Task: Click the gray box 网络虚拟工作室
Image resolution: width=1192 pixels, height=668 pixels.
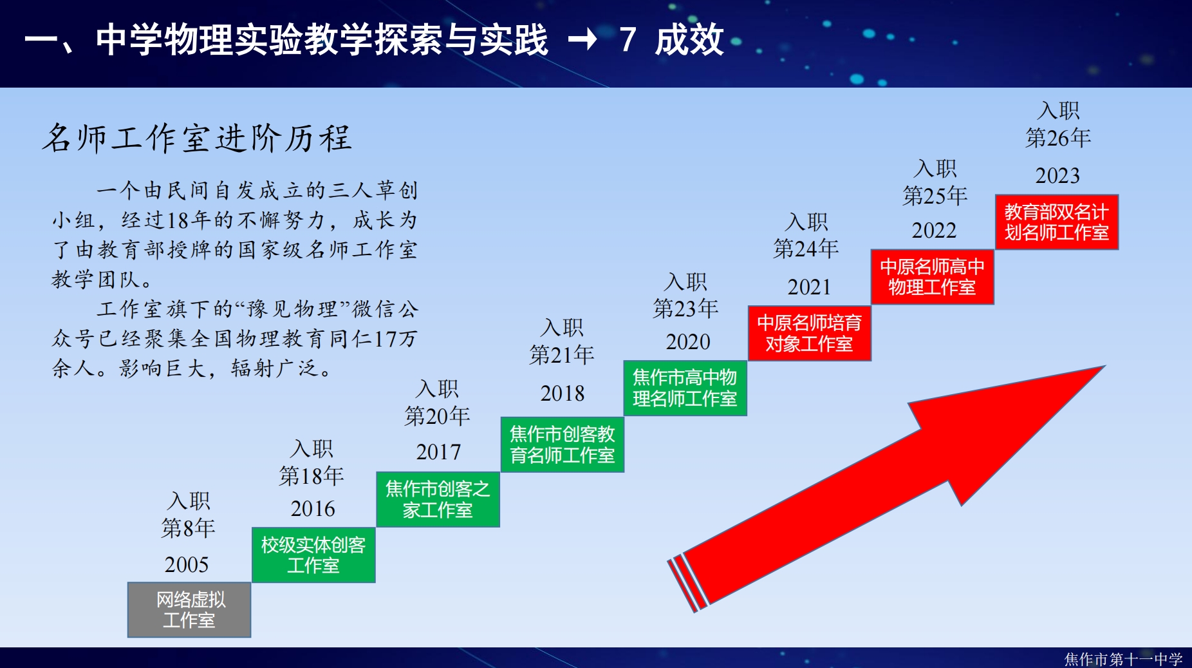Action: pos(189,609)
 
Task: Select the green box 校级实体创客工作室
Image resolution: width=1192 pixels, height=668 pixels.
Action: pos(313,555)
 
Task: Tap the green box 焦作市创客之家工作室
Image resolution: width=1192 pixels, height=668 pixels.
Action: pos(438,499)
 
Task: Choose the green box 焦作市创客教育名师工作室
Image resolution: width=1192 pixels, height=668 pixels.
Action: pos(563,444)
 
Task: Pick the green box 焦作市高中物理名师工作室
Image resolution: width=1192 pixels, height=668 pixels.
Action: pos(685,388)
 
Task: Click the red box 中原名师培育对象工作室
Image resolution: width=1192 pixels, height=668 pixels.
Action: pos(809,333)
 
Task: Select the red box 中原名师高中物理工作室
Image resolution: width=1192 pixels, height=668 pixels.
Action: pos(933,277)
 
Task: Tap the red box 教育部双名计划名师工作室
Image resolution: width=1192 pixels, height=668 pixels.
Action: pos(1057,222)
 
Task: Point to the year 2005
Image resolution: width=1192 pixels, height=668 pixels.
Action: pos(187,565)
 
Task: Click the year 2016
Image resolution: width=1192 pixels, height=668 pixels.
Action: pos(313,509)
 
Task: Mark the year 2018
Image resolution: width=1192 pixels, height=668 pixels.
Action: pos(563,394)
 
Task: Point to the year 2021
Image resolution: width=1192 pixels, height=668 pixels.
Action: pos(809,287)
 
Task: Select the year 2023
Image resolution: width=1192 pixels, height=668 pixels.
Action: pos(1057,175)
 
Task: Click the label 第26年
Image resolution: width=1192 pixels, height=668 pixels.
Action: pos(1058,138)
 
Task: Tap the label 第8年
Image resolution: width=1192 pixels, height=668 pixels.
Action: pos(188,528)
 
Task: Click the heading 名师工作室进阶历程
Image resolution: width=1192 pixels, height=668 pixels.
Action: pos(197,138)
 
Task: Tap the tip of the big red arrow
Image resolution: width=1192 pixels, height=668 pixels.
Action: pos(1104,366)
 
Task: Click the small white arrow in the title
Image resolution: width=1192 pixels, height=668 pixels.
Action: pos(582,40)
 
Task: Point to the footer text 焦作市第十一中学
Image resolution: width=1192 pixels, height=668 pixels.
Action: pos(1123,659)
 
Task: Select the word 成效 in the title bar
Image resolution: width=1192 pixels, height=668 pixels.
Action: pos(689,40)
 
